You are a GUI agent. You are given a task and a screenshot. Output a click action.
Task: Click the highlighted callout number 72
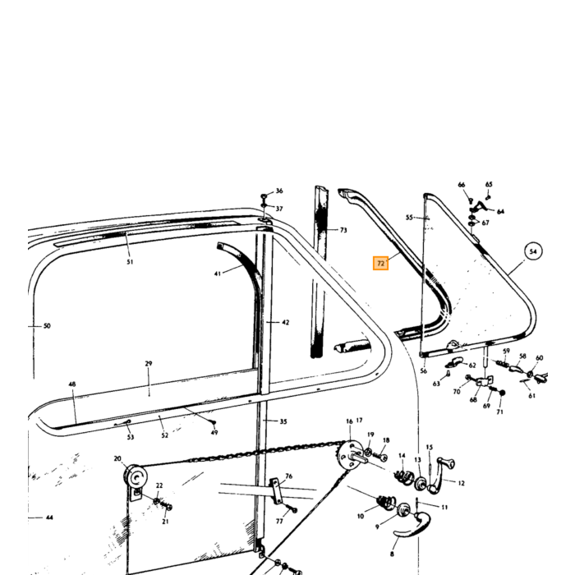click(380, 264)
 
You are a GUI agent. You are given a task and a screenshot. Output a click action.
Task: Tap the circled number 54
click(533, 251)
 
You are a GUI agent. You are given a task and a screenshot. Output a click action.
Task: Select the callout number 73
click(343, 230)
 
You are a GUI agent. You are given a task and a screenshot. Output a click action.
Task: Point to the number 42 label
click(286, 322)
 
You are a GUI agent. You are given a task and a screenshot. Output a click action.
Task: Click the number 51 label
click(130, 262)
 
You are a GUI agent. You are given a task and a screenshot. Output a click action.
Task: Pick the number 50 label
click(47, 325)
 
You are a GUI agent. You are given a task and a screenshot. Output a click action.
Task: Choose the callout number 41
click(218, 274)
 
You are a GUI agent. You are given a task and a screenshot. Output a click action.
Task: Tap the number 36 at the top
click(279, 191)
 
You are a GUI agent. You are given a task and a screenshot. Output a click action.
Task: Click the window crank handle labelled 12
click(440, 475)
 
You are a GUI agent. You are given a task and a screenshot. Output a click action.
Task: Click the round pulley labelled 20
click(136, 476)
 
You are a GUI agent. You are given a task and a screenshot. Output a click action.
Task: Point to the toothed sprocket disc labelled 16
click(349, 455)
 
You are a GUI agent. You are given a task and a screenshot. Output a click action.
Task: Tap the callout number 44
click(49, 517)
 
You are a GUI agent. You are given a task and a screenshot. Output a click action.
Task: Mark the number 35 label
click(283, 421)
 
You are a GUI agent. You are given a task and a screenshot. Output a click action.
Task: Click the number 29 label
click(148, 363)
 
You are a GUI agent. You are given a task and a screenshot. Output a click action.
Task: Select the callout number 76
click(288, 476)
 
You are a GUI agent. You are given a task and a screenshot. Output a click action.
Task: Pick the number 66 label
click(462, 185)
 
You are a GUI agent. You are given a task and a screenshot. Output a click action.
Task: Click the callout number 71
click(499, 412)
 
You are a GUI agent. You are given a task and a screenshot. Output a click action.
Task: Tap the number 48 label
click(72, 384)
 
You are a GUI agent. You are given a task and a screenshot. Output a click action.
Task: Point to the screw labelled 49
click(214, 423)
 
